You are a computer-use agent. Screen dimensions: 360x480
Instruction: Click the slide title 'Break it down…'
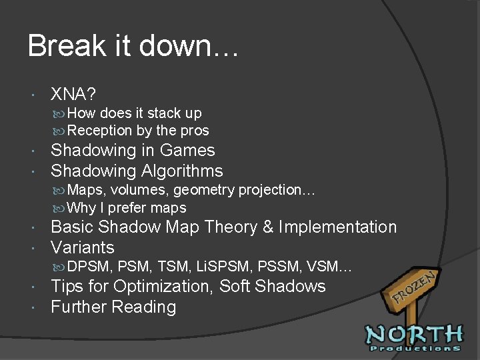(133, 47)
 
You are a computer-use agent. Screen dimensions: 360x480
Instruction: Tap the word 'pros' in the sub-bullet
(194, 131)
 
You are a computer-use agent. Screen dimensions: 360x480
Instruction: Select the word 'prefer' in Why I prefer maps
(126, 208)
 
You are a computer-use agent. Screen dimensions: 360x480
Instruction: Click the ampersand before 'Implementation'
(269, 227)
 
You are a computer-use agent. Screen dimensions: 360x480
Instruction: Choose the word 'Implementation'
(337, 227)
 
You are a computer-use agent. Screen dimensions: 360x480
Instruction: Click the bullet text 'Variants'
(83, 248)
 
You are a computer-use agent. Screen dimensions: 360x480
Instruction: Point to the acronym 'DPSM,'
(91, 268)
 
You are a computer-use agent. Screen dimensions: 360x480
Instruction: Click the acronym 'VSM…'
(329, 268)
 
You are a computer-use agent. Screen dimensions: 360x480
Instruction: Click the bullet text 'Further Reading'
(113, 307)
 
